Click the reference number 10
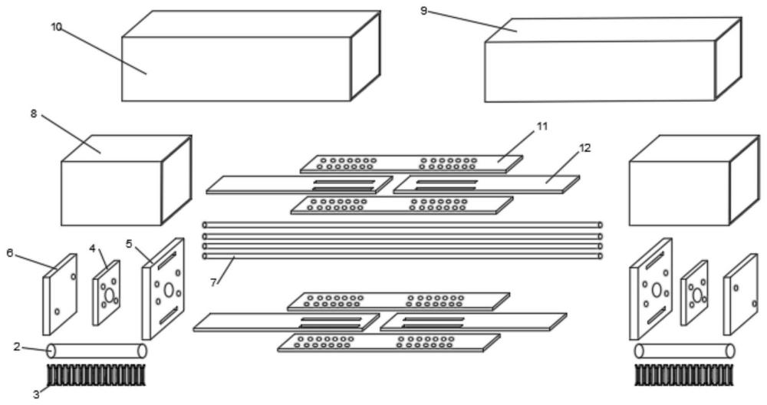point(56,27)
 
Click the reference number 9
point(424,11)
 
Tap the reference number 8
point(34,114)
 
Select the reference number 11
point(542,125)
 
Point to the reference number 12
point(586,147)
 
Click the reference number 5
point(130,244)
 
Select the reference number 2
point(17,347)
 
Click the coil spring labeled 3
point(97,374)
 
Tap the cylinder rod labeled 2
point(97,351)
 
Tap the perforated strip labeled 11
point(410,163)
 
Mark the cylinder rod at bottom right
point(684,351)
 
